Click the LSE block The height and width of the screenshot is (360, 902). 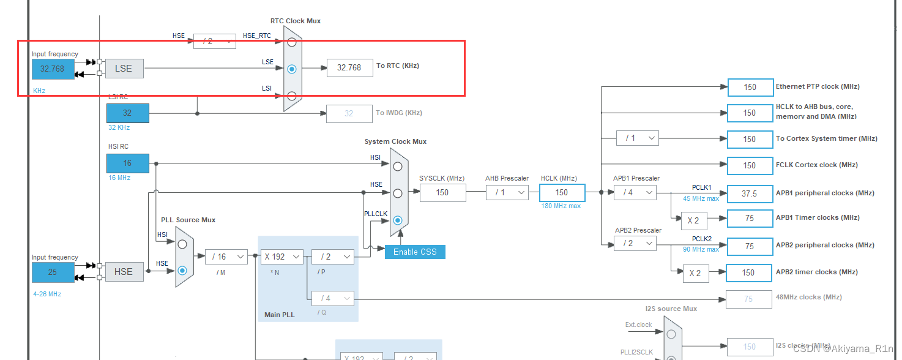124,69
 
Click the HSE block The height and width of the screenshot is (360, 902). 124,271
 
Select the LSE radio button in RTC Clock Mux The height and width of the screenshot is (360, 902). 292,69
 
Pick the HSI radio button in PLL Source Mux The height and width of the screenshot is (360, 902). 182,244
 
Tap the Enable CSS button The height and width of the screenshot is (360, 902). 415,252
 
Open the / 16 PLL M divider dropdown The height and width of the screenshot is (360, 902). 226,257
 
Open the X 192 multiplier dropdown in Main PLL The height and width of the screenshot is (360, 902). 282,257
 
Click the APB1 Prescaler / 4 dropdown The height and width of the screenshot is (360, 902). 635,193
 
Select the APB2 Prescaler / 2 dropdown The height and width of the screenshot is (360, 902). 635,244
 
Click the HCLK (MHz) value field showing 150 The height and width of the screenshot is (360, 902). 562,192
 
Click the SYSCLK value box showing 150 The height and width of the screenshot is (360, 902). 442,192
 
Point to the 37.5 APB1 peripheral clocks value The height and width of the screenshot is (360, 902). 750,193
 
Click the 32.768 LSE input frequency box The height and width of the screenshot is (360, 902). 53,69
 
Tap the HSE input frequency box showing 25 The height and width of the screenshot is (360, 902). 53,272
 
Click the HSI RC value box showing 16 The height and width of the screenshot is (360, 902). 127,163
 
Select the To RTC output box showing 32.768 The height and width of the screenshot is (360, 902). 349,68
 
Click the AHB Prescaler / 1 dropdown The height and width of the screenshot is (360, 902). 507,192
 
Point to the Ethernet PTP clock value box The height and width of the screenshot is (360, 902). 750,87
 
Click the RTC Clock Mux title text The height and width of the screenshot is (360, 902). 295,21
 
